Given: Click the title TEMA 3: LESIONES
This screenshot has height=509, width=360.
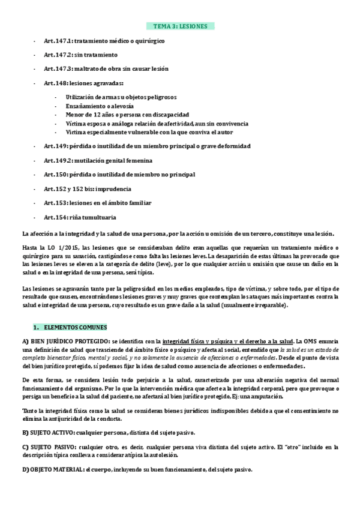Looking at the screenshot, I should point(180,26).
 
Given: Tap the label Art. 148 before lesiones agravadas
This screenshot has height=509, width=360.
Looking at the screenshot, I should point(56,83).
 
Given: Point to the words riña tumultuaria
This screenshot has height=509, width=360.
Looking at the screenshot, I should point(95,217).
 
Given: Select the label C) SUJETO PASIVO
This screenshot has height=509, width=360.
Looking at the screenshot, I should point(50,447).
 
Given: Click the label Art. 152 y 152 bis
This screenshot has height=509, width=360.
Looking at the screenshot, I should point(66,189).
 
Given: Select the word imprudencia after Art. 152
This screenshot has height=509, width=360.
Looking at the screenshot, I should point(112,189).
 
